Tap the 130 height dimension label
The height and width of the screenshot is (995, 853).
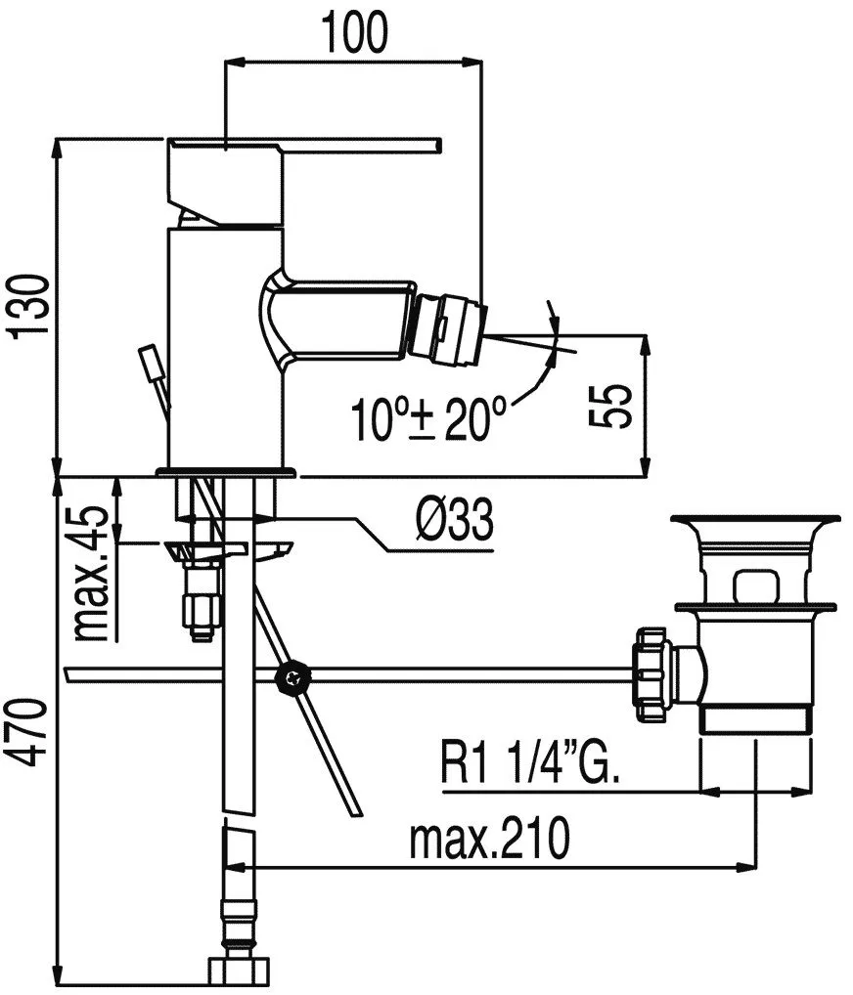click(29, 307)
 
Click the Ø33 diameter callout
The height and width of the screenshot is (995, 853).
click(455, 520)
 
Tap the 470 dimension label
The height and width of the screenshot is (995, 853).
click(29, 732)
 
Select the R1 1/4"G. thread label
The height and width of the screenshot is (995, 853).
click(529, 762)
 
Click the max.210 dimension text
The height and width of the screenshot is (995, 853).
click(490, 839)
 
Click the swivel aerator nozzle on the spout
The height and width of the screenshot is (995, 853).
click(447, 330)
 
